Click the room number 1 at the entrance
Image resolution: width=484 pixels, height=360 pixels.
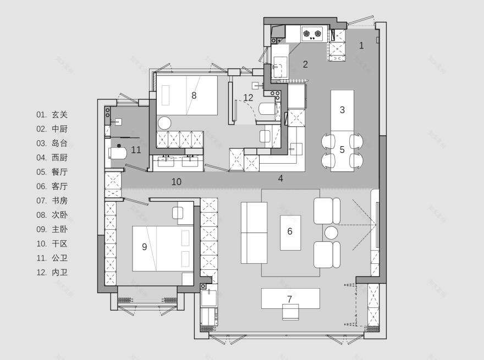coord(361,46)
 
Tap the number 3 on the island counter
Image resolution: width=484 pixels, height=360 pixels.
coord(342,109)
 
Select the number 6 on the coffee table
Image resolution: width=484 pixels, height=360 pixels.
coord(290,231)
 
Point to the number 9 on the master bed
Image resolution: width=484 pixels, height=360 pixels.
coord(145,247)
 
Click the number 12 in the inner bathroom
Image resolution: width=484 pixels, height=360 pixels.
coord(248,98)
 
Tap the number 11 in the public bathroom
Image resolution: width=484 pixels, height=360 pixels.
coord(136,150)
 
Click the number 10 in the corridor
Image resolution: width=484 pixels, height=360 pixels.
coord(177,182)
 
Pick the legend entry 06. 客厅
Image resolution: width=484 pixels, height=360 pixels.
coord(52,186)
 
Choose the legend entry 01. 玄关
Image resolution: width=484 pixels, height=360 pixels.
coord(52,114)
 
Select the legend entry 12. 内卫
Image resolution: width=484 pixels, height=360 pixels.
coord(52,273)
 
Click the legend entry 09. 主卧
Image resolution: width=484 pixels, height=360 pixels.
coord(52,229)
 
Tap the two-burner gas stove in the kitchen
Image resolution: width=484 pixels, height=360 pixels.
coord(312,34)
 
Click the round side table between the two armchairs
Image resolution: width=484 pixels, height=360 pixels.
coord(331,232)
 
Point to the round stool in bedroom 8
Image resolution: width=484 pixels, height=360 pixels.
coord(164,123)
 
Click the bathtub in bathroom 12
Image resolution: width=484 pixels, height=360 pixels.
coord(267,109)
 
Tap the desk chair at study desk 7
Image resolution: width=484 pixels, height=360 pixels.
coord(290,312)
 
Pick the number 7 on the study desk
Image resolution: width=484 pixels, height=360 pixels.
coord(289,299)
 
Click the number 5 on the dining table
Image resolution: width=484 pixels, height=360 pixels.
coord(342,149)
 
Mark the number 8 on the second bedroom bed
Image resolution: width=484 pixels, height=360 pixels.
coord(194,96)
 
